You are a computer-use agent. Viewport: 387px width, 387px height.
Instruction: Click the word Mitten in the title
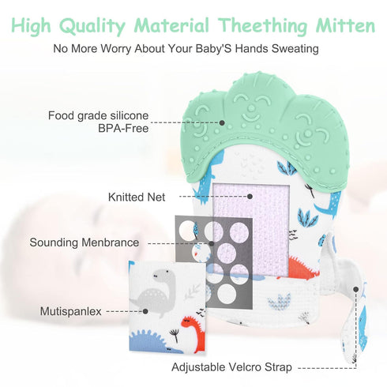click(x=345, y=25)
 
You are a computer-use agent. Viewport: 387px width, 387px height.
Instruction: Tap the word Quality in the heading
click(x=92, y=27)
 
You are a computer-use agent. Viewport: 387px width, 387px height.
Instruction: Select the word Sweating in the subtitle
click(x=295, y=49)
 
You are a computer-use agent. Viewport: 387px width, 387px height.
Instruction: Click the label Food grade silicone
click(x=98, y=115)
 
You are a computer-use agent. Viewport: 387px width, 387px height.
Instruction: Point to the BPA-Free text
click(x=123, y=128)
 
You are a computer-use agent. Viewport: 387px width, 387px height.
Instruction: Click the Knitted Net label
click(x=137, y=197)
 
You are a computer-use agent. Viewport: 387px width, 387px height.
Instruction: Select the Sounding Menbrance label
click(x=85, y=242)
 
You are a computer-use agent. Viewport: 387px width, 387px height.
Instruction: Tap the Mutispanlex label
click(x=70, y=311)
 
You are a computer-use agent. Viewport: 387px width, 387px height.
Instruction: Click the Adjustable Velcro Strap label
click(x=231, y=367)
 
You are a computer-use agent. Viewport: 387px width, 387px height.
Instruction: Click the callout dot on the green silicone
click(x=222, y=122)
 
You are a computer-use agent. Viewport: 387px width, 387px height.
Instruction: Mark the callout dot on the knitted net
click(x=250, y=197)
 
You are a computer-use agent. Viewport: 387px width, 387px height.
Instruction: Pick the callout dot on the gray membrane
click(x=212, y=244)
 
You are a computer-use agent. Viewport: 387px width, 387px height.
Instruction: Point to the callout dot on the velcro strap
click(x=356, y=289)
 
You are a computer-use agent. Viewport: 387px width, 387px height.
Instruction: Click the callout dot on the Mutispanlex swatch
click(x=145, y=311)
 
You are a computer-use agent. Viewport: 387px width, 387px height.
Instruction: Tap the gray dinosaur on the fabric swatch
click(x=156, y=291)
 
